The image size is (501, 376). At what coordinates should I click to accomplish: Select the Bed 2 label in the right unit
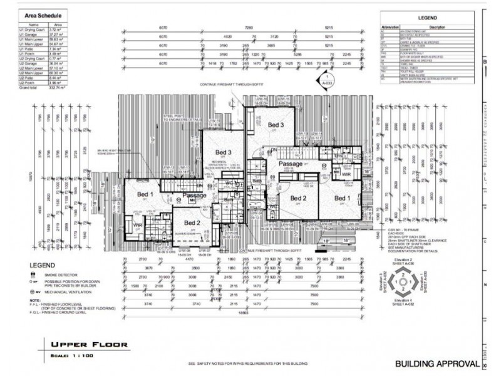click(297, 199)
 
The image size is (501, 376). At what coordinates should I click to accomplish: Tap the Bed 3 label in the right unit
click(276, 125)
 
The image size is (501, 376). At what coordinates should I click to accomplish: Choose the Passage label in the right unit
click(291, 164)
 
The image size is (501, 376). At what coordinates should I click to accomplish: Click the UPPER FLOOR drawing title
click(90, 344)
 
